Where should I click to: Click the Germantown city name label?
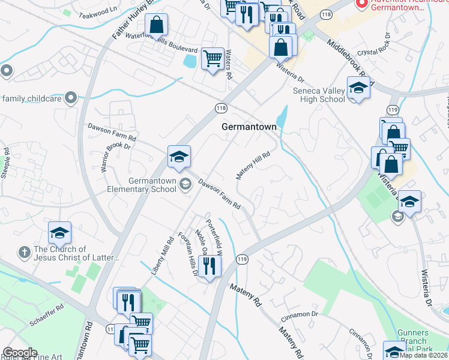tap(249, 127)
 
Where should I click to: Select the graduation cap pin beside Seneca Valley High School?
tap(358, 88)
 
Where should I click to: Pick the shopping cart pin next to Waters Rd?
tap(212, 59)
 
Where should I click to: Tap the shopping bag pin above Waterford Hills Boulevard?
tap(156, 25)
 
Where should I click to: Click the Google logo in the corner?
tap(20, 352)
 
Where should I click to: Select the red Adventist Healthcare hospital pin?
tap(361, 4)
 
